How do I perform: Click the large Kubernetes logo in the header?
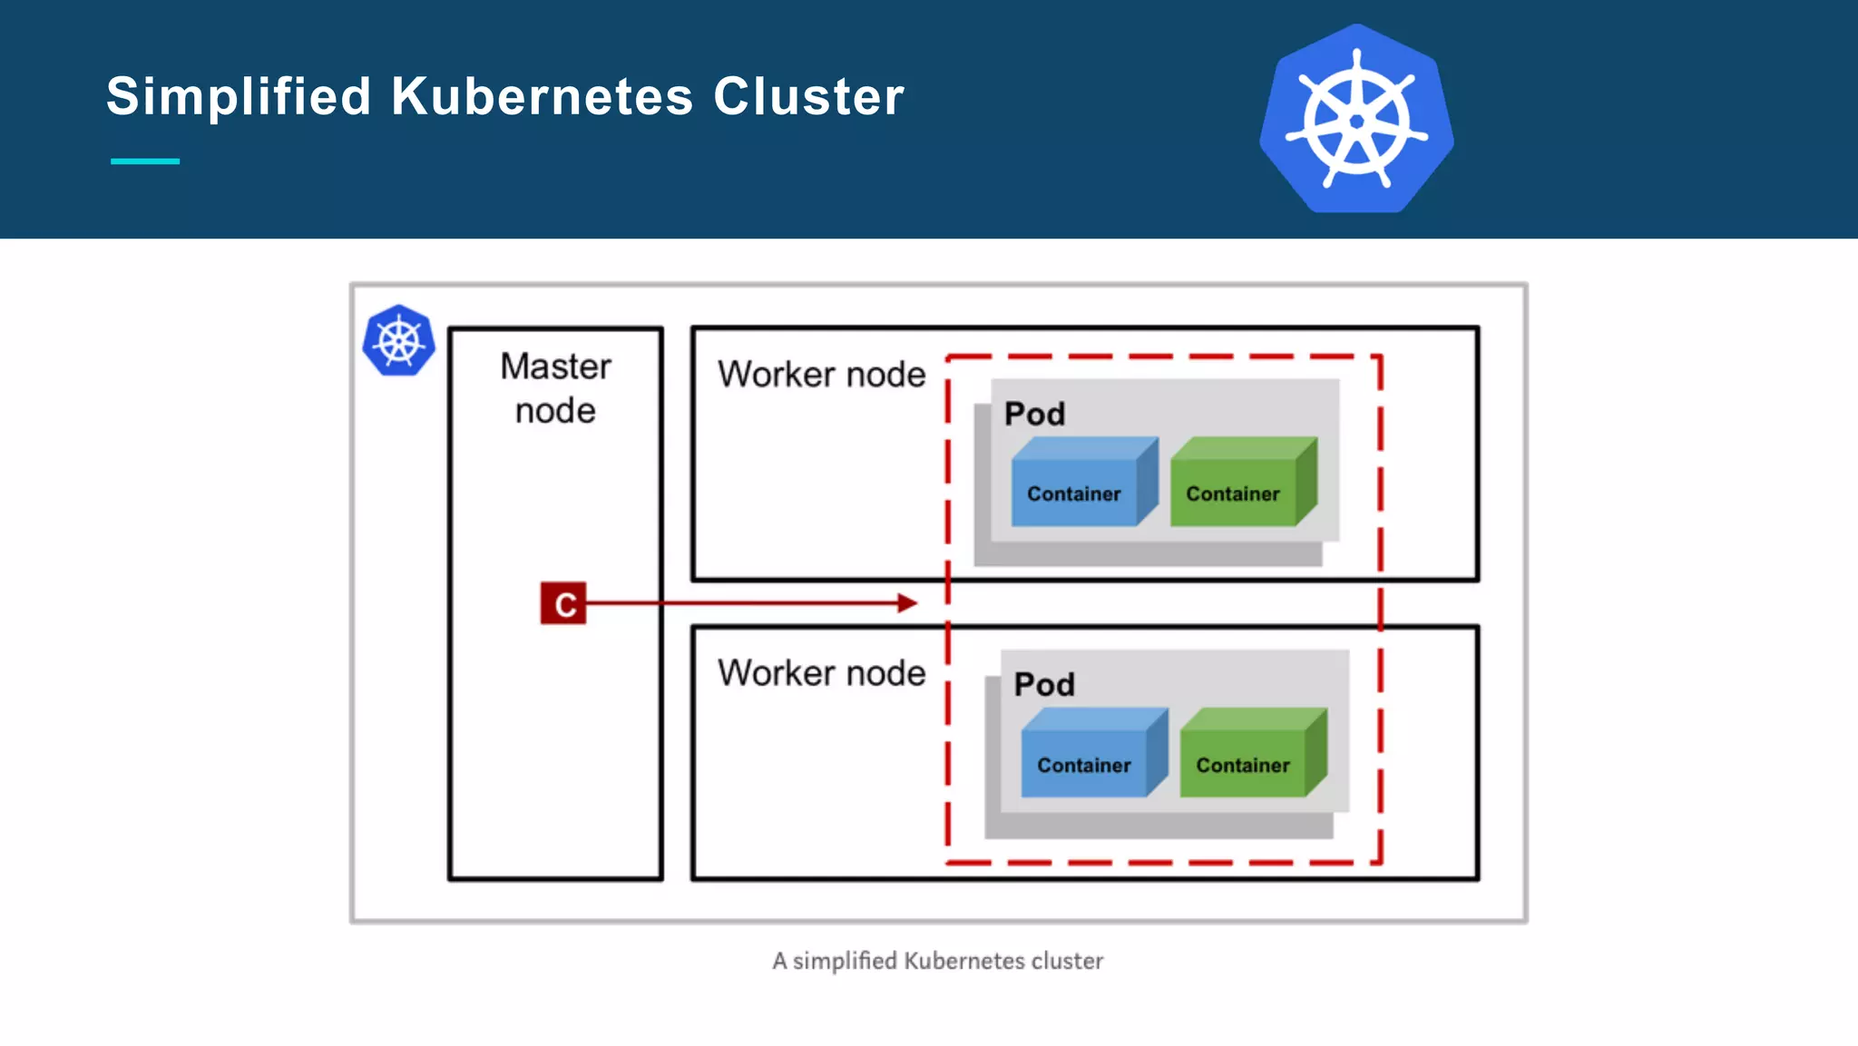click(1356, 120)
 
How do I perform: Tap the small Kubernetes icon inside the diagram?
click(398, 340)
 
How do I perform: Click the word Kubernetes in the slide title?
click(542, 96)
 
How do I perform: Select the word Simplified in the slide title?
click(239, 96)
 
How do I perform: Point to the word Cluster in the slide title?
click(808, 96)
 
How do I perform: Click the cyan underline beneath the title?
click(145, 161)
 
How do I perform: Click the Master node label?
click(555, 388)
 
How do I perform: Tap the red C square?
click(563, 603)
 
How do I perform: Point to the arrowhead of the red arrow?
click(907, 603)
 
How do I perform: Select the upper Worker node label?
click(821, 374)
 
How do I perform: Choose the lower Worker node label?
click(821, 673)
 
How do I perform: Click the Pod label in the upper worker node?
click(1034, 414)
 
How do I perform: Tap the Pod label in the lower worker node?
click(1044, 684)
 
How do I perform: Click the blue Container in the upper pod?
click(1074, 493)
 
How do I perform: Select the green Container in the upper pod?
click(1233, 493)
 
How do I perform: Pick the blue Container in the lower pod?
click(1084, 764)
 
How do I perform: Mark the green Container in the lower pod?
click(1243, 764)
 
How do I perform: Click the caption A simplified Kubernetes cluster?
click(937, 961)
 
